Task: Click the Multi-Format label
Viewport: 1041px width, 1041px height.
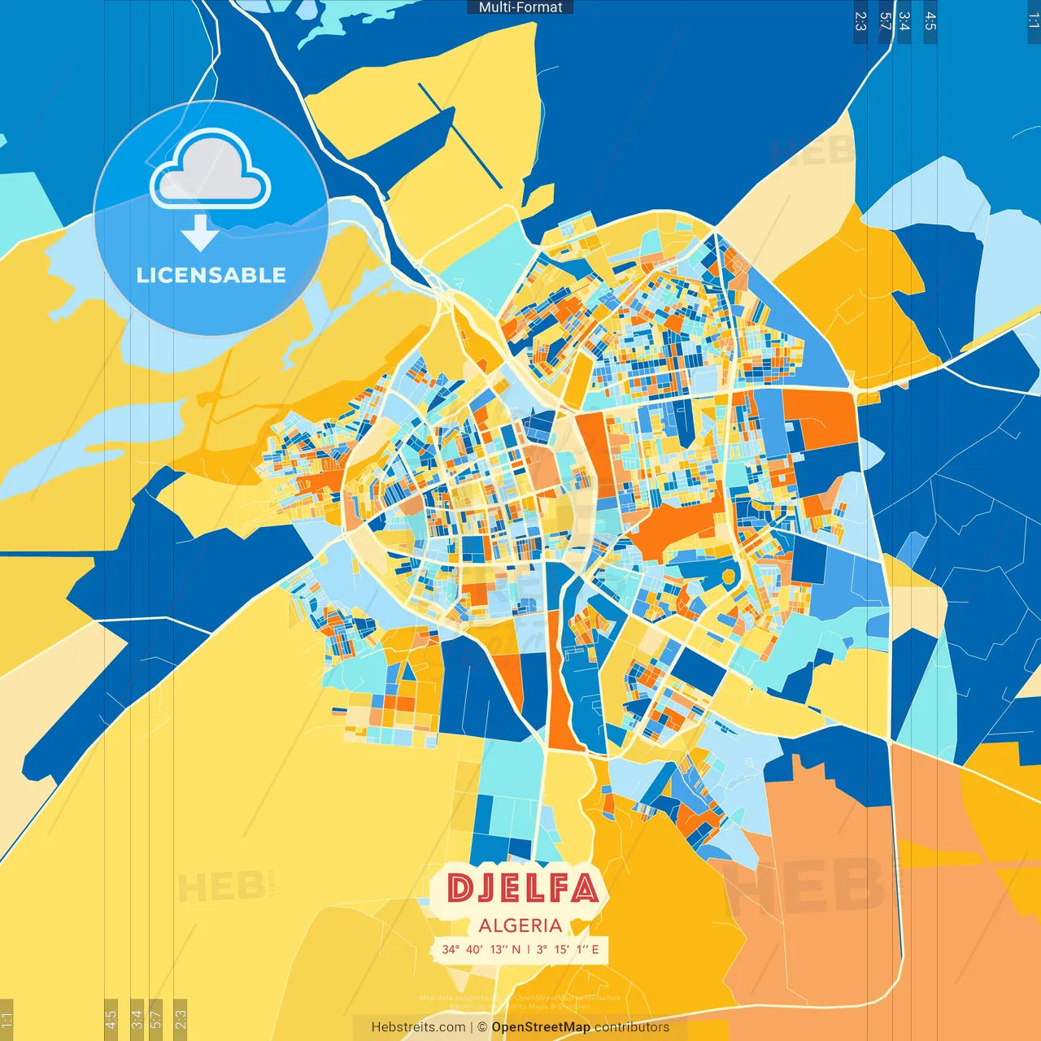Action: (x=520, y=7)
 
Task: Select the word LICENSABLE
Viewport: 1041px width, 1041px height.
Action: (x=211, y=275)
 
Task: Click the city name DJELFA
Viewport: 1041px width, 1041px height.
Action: (x=522, y=888)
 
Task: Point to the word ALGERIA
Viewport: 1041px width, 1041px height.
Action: (x=520, y=926)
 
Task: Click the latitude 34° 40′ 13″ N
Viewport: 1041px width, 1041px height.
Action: (x=481, y=949)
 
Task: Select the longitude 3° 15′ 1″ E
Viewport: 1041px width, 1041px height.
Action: (x=568, y=949)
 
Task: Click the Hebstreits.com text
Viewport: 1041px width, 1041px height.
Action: (x=418, y=1027)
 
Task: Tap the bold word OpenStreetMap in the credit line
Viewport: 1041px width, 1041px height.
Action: (x=541, y=1027)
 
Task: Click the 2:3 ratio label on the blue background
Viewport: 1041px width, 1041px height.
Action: (x=860, y=21)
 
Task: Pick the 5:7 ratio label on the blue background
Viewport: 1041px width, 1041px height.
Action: (x=886, y=21)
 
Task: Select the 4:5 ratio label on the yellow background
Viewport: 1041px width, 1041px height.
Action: (x=111, y=1019)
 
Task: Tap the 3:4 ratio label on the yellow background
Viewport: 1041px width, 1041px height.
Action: (x=137, y=1019)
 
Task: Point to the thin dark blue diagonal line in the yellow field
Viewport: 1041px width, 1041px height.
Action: (x=460, y=135)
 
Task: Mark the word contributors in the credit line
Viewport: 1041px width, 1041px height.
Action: (x=632, y=1027)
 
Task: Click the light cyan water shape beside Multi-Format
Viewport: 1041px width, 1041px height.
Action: (x=342, y=20)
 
